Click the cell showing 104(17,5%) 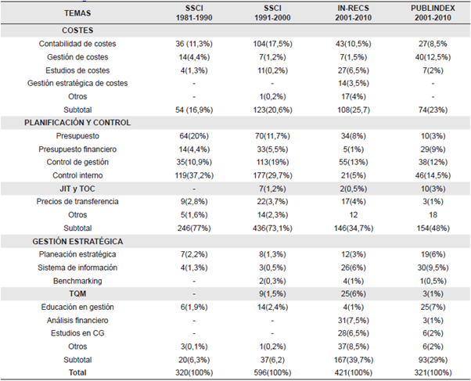pyautogui.click(x=262, y=44)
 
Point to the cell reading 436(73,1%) pyautogui.click(x=261, y=228)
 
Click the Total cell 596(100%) pyautogui.click(x=262, y=373)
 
